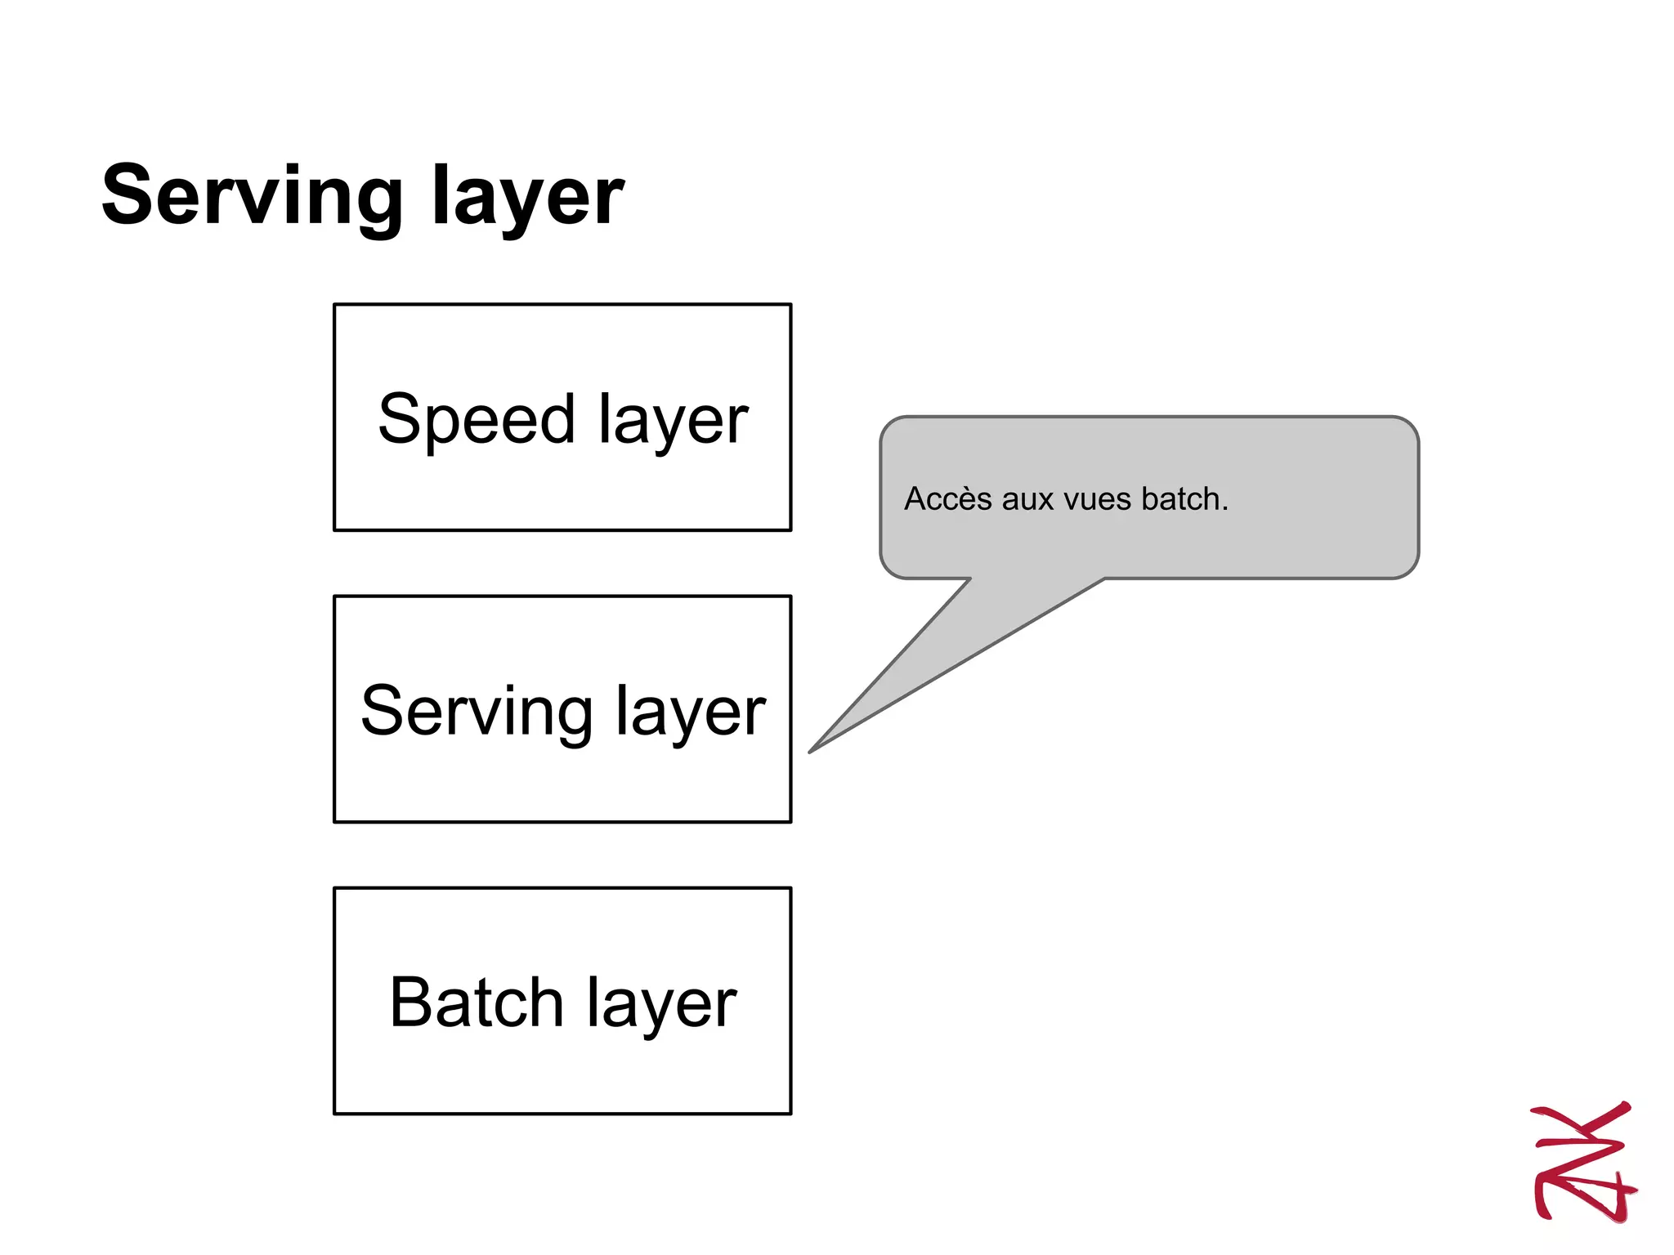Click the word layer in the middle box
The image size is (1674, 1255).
click(x=691, y=712)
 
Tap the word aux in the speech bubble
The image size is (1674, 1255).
click(x=1028, y=499)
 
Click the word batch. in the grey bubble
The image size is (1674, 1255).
click(x=1184, y=498)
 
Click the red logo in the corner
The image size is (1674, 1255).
click(x=1582, y=1161)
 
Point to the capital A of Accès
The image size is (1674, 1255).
click(x=915, y=498)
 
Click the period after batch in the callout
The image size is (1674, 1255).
click(x=1225, y=509)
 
